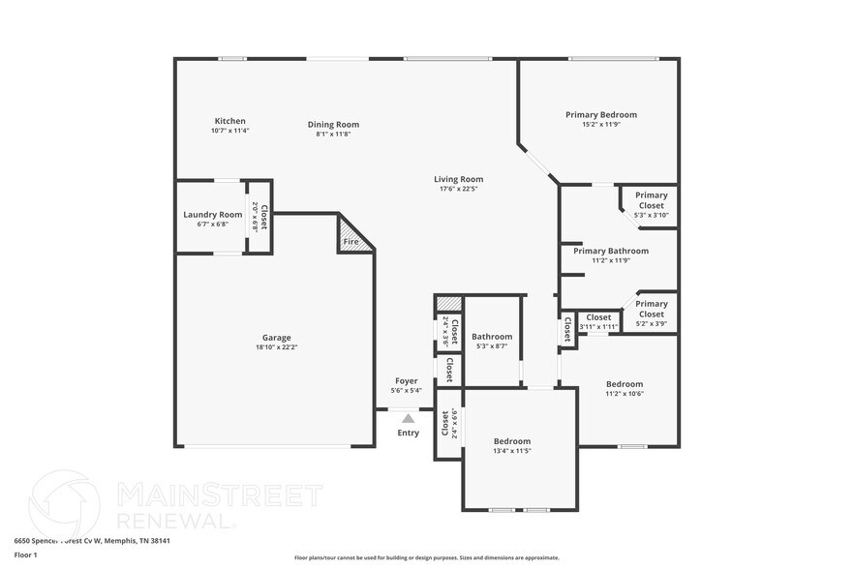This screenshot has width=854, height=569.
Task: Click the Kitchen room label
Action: tap(229, 121)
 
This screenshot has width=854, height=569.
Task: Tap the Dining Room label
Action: tap(333, 124)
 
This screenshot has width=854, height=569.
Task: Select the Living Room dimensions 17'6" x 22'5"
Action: tap(458, 189)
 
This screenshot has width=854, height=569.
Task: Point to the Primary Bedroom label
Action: tap(601, 114)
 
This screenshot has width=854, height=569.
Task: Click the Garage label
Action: tap(276, 338)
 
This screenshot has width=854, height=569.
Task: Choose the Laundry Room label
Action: tap(212, 215)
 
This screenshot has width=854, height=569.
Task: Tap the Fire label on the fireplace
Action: tap(351, 241)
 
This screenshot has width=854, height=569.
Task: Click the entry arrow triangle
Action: tap(409, 419)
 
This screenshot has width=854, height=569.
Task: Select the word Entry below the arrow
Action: tap(409, 433)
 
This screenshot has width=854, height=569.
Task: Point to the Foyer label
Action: tap(407, 381)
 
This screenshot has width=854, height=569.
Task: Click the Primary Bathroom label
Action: tap(610, 251)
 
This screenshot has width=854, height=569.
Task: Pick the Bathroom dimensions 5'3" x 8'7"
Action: tap(492, 346)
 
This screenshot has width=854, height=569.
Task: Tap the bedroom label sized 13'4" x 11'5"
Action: tap(511, 441)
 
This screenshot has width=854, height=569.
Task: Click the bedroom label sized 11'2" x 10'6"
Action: tap(624, 383)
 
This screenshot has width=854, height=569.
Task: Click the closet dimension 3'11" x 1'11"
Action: tap(598, 327)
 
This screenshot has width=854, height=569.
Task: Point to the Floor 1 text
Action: tap(25, 554)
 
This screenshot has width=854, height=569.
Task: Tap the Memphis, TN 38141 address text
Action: tap(135, 541)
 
